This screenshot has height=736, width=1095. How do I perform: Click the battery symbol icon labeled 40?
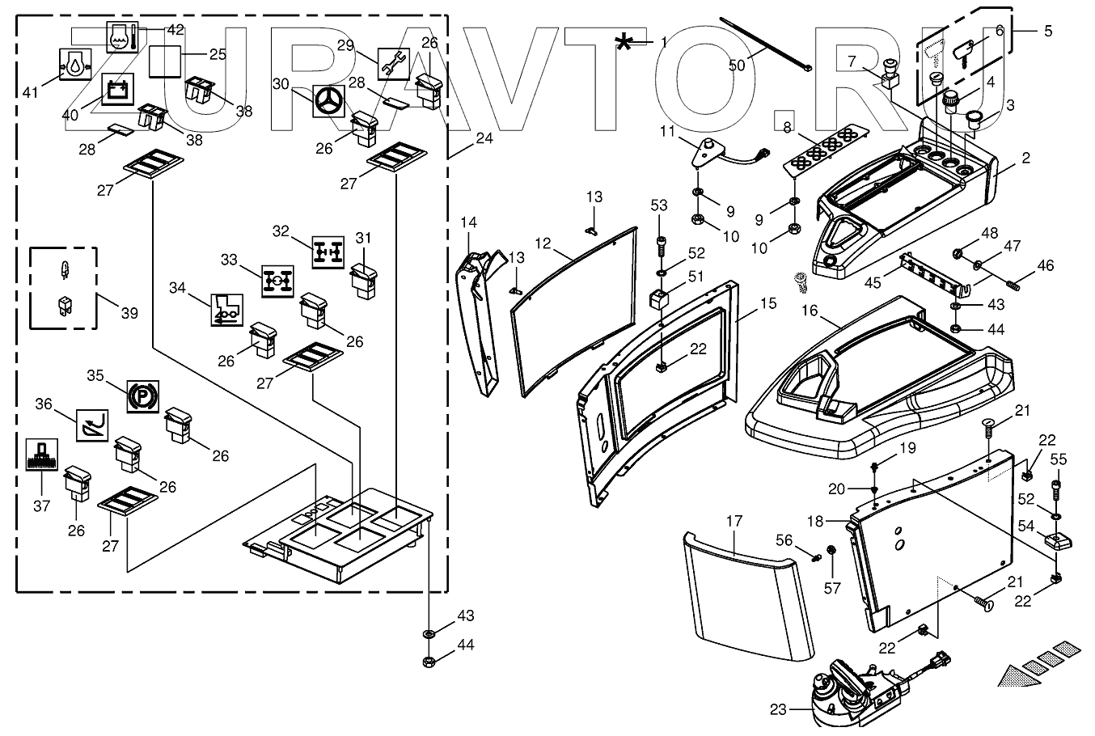click(118, 90)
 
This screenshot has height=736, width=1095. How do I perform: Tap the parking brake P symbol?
click(143, 396)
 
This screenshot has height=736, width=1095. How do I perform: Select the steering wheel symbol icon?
click(329, 102)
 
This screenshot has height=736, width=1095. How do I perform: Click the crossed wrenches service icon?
click(394, 64)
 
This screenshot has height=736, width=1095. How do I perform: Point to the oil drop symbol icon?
click(75, 64)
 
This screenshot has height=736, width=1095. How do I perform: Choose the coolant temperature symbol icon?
click(122, 36)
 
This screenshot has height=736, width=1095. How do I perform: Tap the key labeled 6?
click(962, 54)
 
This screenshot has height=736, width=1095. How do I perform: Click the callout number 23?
click(778, 709)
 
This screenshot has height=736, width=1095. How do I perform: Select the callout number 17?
click(734, 522)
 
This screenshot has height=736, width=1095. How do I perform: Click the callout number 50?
click(737, 65)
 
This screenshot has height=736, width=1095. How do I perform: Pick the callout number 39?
click(129, 313)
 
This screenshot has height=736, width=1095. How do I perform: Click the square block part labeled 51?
click(658, 298)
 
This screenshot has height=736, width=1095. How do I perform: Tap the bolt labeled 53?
click(660, 245)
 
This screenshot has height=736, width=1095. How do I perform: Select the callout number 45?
click(873, 282)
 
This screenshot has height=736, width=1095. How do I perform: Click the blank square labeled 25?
click(165, 61)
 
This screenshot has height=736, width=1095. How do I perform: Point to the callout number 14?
click(468, 222)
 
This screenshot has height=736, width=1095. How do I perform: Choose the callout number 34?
click(177, 288)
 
